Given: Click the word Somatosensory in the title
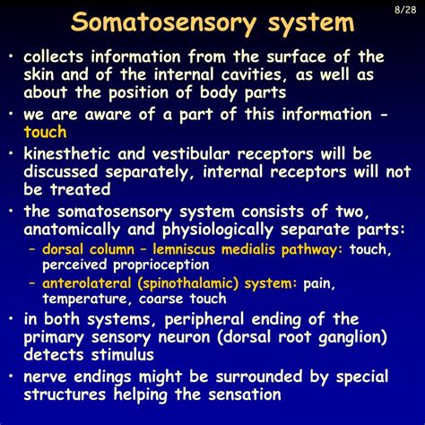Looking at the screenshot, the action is (163, 23).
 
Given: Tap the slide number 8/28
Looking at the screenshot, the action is (405, 10).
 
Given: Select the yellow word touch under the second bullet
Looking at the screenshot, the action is (45, 132).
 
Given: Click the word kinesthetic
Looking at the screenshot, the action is (67, 154).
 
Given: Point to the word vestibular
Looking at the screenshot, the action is (191, 154).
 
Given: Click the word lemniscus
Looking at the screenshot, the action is (184, 249).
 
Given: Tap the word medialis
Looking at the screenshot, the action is (248, 249).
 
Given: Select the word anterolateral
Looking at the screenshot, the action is (87, 283).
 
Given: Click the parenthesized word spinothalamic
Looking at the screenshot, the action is (188, 283).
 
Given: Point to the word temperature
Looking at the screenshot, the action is (85, 299).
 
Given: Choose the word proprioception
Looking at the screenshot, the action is (161, 265).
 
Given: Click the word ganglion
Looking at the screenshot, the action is (352, 338).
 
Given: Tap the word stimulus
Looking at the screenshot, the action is (123, 355).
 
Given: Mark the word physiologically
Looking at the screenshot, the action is (218, 230).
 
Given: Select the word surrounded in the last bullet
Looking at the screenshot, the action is (259, 377).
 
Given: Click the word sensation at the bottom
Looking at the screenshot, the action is (245, 395).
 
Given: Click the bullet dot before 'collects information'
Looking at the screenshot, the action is (11, 56).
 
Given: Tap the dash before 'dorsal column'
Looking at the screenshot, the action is (32, 249).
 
